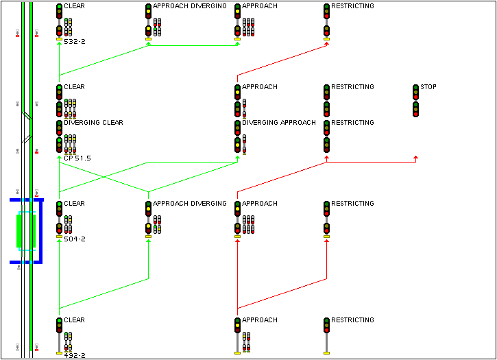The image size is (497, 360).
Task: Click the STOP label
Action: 428,87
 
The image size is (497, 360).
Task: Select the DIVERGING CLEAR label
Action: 93,123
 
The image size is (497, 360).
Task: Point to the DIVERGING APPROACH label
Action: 278,123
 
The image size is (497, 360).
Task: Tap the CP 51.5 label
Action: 77,158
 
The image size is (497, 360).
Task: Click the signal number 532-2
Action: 74,42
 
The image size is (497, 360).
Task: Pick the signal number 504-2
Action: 74,239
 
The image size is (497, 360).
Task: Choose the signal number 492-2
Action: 74,356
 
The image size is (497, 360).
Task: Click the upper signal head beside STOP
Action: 415,92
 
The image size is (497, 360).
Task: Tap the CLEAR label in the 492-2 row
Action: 74,320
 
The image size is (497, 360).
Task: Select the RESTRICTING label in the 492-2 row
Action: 352,320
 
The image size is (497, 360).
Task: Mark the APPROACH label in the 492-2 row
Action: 259,320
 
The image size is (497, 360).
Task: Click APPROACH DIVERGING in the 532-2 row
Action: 189,6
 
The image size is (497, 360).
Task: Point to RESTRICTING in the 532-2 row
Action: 352,6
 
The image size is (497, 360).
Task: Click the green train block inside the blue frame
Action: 19,231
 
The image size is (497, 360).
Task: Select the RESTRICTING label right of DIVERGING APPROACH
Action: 352,123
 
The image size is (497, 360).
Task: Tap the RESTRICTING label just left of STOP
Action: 352,87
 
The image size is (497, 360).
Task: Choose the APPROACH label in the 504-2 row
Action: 259,204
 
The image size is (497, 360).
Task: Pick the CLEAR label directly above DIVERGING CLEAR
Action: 74,87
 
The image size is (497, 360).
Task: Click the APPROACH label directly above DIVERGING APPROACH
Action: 259,87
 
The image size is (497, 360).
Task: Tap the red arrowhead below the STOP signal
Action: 415,158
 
